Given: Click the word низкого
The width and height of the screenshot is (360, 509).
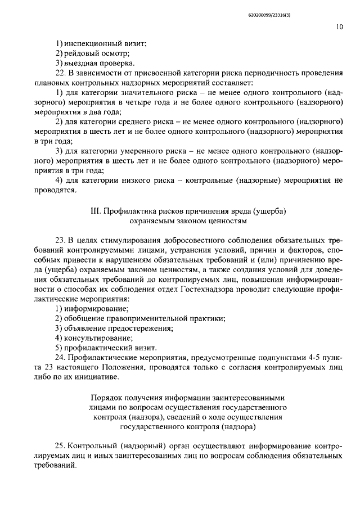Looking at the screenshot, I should (139, 181).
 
